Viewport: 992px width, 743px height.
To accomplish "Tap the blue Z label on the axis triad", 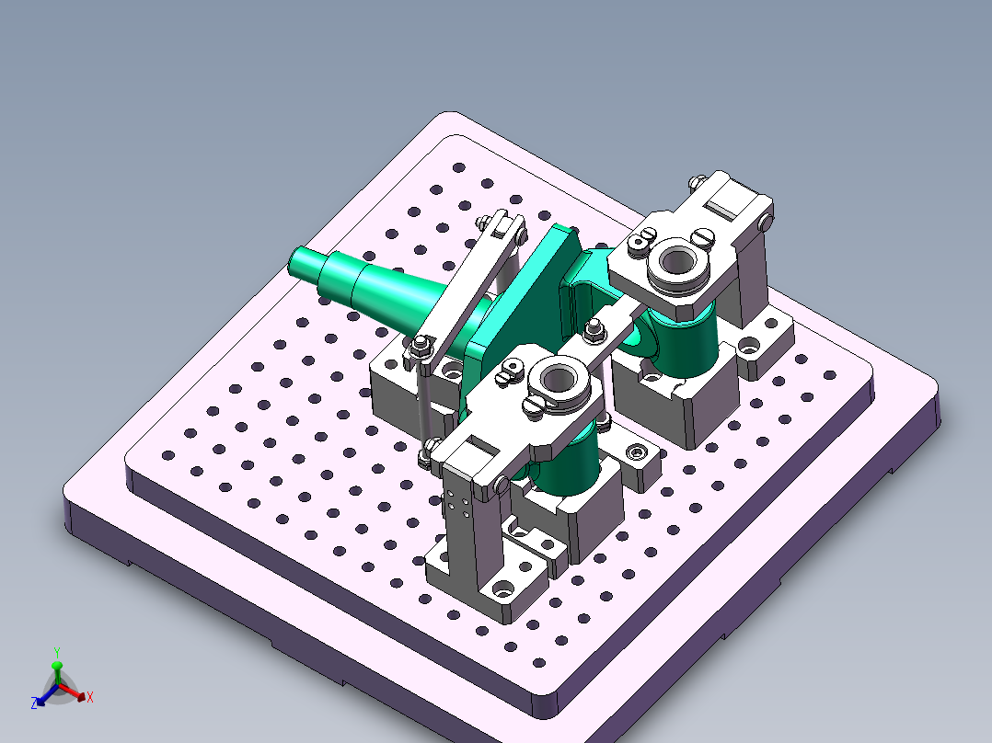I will tap(34, 703).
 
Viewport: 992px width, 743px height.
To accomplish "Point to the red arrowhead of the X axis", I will tap(82, 696).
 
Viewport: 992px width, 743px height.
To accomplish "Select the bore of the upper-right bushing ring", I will tap(677, 260).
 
